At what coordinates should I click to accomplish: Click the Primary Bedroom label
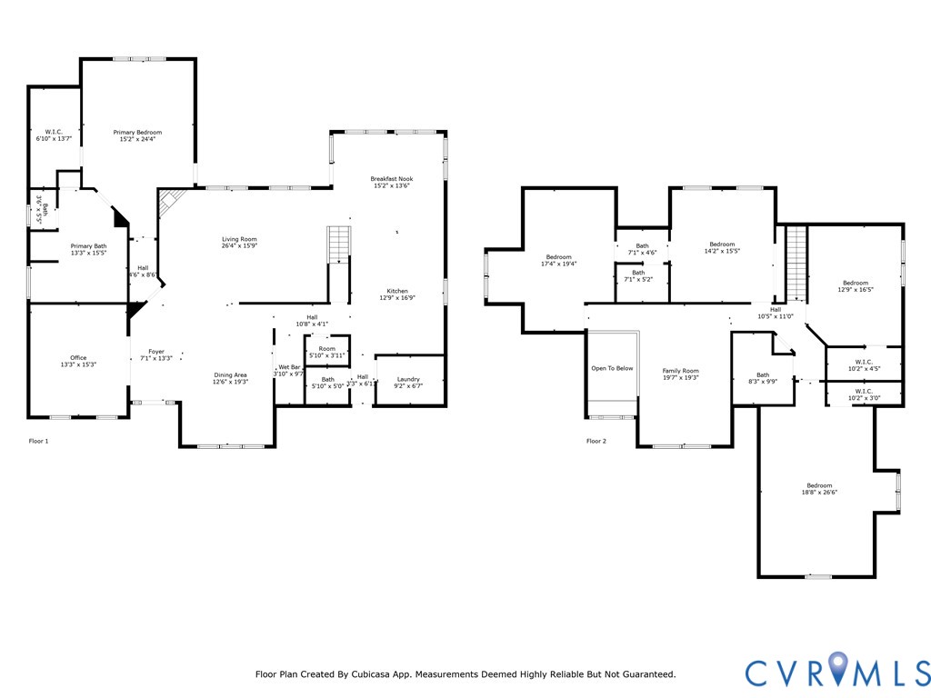[x=136, y=133]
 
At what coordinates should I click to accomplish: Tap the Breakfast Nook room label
[x=391, y=179]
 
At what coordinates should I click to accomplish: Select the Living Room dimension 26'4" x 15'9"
[x=240, y=246]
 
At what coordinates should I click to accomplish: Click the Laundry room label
[x=409, y=379]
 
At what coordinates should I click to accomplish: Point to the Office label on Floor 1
[x=78, y=358]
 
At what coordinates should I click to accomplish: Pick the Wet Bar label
[x=289, y=366]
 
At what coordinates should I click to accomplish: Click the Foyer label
[x=156, y=351]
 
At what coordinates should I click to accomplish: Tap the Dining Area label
[x=230, y=375]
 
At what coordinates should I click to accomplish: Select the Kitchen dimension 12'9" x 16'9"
[x=396, y=298]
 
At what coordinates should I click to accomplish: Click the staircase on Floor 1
[x=338, y=244]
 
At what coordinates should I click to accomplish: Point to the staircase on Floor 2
[x=796, y=264]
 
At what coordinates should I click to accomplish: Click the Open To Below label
[x=612, y=368]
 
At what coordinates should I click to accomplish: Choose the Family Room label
[x=680, y=371]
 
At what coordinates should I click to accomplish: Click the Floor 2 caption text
[x=596, y=442]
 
